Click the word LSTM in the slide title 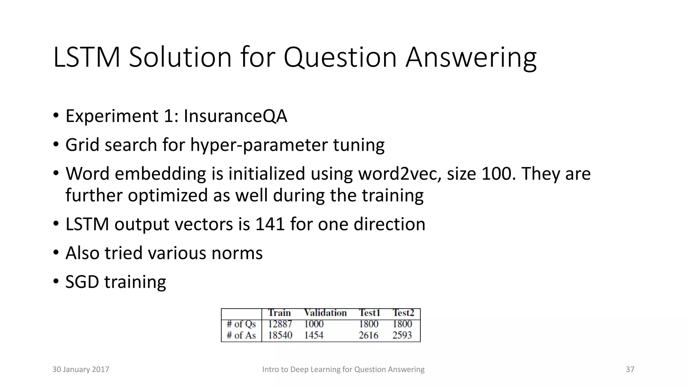[87, 57]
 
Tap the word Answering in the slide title [471, 57]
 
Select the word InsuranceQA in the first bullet [235, 116]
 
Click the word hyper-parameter [259, 145]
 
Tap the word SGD [82, 282]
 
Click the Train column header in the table [279, 313]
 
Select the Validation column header [325, 313]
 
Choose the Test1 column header [369, 313]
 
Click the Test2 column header [403, 313]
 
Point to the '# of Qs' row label [241, 324]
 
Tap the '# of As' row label [241, 335]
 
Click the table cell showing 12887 [280, 324]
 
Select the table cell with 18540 [280, 335]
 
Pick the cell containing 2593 [402, 335]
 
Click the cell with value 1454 [314, 335]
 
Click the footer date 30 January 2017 [81, 370]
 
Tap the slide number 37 [630, 370]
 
